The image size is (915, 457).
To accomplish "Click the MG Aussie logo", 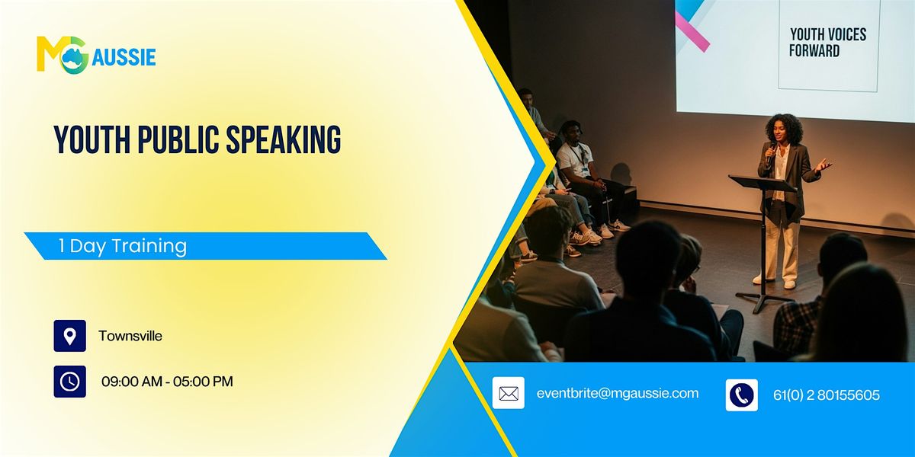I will [x=95, y=54].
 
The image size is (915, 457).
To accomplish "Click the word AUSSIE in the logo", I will [x=124, y=57].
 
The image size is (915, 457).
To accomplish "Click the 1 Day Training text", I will [x=122, y=246].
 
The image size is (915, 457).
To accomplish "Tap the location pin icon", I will [x=69, y=336].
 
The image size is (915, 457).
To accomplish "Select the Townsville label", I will [x=130, y=336].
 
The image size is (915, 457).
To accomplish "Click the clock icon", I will [x=69, y=382].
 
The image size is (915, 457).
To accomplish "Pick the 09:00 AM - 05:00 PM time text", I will [x=167, y=382].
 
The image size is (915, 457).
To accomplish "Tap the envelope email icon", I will [x=508, y=394].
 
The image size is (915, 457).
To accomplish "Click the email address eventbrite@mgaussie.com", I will [x=618, y=394].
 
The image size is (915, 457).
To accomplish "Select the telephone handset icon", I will [x=741, y=395].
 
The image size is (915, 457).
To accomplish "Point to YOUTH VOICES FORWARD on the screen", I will [x=827, y=43].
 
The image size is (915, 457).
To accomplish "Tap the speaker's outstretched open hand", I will [x=823, y=165].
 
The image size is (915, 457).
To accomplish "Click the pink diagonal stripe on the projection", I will [x=692, y=31].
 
